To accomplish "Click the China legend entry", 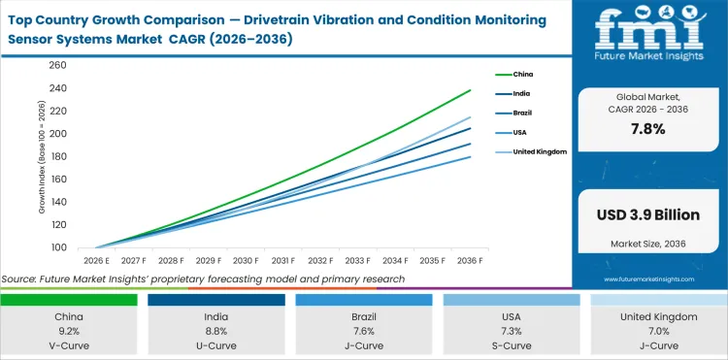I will point(522,74).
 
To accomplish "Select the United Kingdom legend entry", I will point(537,152).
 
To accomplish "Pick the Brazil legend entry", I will point(521,113).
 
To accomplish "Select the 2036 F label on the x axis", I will point(470,260).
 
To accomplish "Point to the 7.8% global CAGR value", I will point(649,129).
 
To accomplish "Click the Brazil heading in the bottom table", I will point(363,316).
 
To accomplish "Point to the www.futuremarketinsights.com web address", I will point(649,278).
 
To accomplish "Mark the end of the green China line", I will point(471,90).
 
